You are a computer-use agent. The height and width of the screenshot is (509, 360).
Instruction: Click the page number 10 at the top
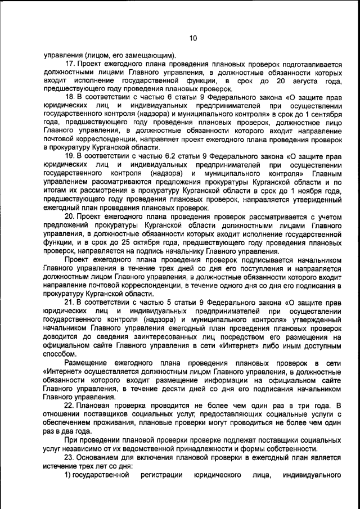[192, 38]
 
